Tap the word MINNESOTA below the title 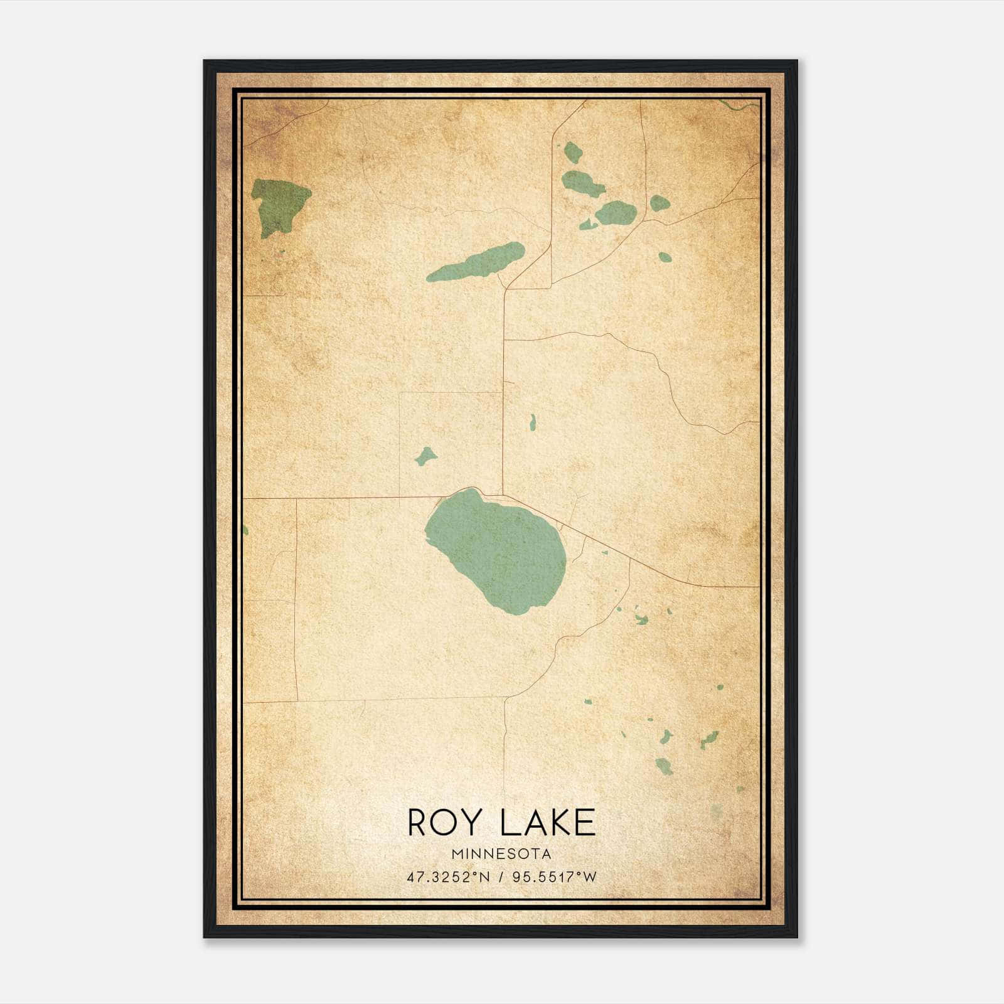click(x=501, y=854)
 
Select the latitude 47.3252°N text click(x=446, y=877)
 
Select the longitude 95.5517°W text click(x=555, y=877)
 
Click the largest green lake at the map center click(x=496, y=549)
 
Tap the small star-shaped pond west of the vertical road click(x=426, y=456)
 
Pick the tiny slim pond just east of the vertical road click(x=533, y=422)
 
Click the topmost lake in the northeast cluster click(x=572, y=152)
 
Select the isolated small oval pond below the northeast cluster click(x=664, y=256)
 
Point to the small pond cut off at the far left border click(x=245, y=530)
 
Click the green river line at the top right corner click(x=740, y=104)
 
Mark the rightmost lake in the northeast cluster click(x=660, y=203)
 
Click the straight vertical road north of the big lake click(x=503, y=389)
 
